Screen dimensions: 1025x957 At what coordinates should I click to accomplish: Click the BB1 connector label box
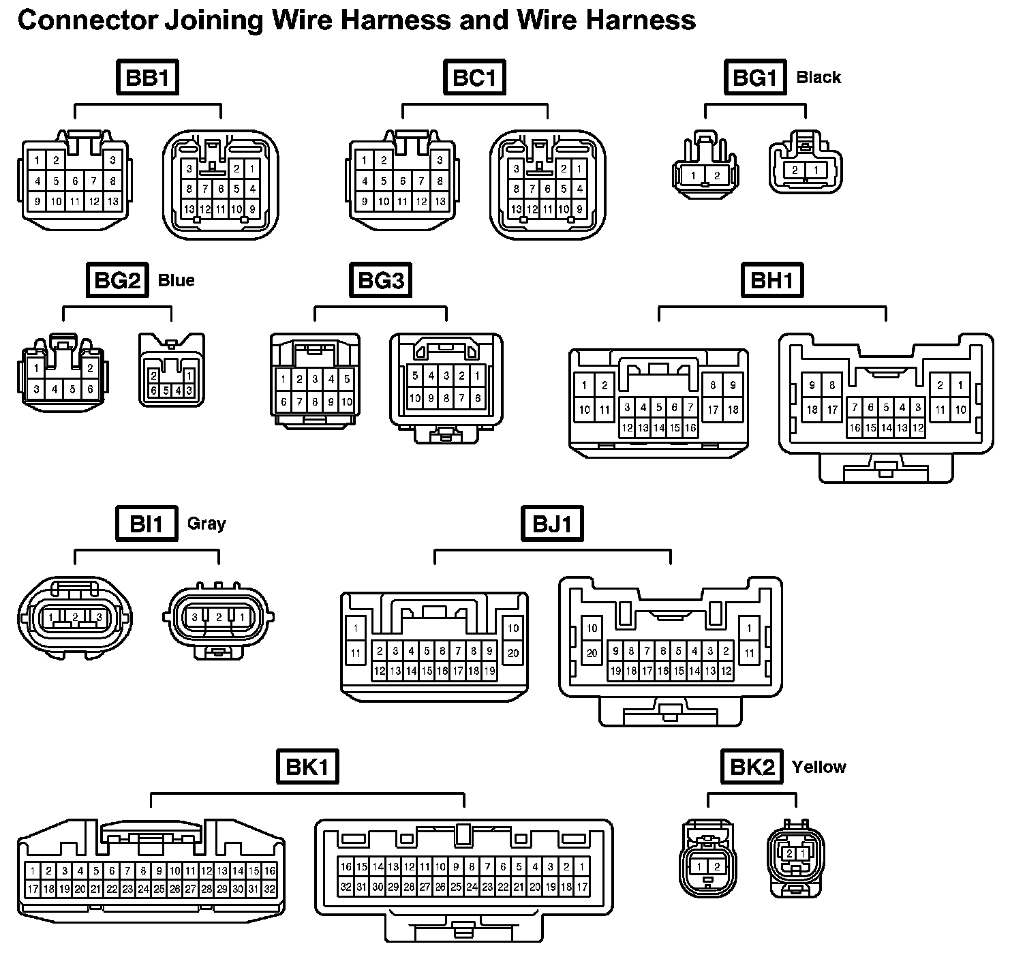pos(147,78)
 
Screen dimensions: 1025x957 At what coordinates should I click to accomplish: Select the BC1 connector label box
pos(474,78)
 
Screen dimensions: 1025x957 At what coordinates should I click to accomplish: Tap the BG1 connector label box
pos(754,78)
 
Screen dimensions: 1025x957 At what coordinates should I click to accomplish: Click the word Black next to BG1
pos(819,78)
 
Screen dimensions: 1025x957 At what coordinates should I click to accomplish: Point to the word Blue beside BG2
pos(176,280)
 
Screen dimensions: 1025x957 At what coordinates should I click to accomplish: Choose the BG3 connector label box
pos(380,280)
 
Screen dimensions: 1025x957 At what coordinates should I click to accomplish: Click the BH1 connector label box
pos(772,280)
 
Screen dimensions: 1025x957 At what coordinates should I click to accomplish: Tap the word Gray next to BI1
pos(206,523)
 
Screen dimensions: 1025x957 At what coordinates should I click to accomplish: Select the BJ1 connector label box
pos(553,523)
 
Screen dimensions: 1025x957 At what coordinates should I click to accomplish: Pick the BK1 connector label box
pos(307,768)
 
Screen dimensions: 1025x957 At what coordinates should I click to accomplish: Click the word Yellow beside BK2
pos(819,768)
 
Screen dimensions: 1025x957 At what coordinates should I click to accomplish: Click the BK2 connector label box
pos(752,768)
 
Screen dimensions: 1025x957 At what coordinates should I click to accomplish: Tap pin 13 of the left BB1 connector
pos(113,202)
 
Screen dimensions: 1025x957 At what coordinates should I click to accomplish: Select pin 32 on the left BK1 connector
pos(269,889)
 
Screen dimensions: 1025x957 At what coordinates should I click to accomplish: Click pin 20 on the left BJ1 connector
pos(513,653)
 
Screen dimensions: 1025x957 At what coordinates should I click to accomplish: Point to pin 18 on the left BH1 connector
pos(733,410)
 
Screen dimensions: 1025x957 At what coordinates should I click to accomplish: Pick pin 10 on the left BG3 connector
pos(347,402)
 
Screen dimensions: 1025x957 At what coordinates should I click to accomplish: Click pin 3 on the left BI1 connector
pos(100,618)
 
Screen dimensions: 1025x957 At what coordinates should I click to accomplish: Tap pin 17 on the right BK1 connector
pos(582,887)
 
